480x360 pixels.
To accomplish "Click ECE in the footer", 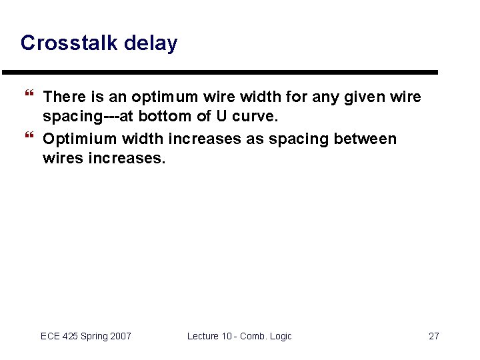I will [51, 336].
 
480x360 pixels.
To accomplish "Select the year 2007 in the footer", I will [119, 336].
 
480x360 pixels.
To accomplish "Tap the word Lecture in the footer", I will [203, 336].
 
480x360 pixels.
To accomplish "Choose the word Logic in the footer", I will [279, 336].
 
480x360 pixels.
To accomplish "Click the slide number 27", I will [433, 336].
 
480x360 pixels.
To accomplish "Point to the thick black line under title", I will [220, 72].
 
